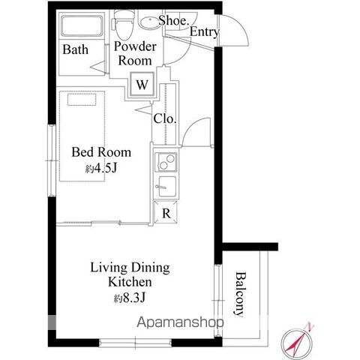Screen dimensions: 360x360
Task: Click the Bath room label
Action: pyautogui.click(x=75, y=49)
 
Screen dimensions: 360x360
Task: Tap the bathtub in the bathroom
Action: pyautogui.click(x=82, y=26)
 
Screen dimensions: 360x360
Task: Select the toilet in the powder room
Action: pyautogui.click(x=123, y=25)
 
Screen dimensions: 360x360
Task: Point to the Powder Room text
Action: pyautogui.click(x=135, y=53)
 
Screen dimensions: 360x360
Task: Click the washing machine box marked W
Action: pyautogui.click(x=142, y=85)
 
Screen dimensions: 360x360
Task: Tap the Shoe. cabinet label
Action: pyautogui.click(x=174, y=20)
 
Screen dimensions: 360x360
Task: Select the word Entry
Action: pyautogui.click(x=205, y=32)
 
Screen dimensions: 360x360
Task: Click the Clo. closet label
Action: pyautogui.click(x=165, y=118)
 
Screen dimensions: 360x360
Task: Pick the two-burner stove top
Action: pyautogui.click(x=166, y=162)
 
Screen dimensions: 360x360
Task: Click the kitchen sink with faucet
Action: pyautogui.click(x=166, y=186)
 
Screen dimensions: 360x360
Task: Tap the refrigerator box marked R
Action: pyautogui.click(x=166, y=212)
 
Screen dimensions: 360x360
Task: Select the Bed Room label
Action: pyautogui.click(x=101, y=152)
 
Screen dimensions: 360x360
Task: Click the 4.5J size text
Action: pyautogui.click(x=101, y=169)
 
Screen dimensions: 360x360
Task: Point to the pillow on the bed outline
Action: pyautogui.click(x=82, y=100)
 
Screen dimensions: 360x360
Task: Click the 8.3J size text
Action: pyautogui.click(x=130, y=298)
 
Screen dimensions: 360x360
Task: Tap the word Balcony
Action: pyautogui.click(x=241, y=294)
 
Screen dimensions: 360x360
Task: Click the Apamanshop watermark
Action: pyautogui.click(x=180, y=322)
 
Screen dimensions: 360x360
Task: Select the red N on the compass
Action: pyautogui.click(x=310, y=327)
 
